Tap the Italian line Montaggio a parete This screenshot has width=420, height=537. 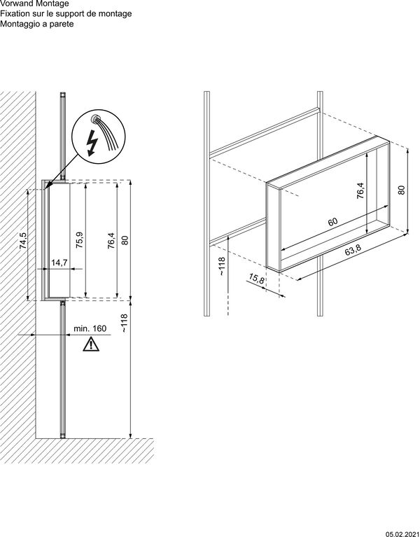37,24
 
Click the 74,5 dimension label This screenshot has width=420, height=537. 22,240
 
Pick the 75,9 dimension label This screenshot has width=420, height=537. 80,240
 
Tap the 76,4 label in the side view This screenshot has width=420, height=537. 111,240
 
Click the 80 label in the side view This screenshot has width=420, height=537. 125,240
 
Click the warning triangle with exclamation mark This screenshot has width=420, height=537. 90,344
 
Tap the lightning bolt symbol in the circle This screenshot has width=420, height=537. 92,144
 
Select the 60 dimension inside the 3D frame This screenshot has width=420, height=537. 332,222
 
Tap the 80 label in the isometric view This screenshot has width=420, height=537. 402,190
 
